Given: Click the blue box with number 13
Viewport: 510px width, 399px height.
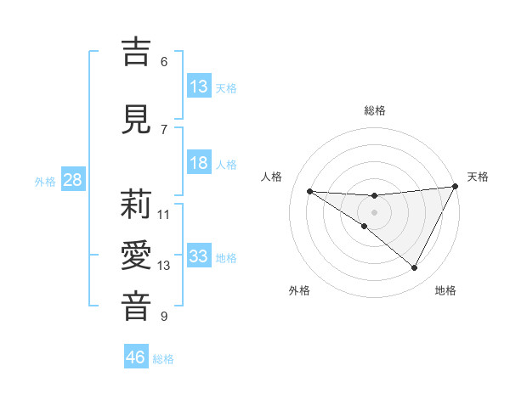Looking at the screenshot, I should (199, 87).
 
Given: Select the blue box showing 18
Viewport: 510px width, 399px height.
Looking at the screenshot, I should (199, 163).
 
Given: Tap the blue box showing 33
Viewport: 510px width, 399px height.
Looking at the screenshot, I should (199, 256).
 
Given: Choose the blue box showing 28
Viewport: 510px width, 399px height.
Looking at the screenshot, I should (71, 180).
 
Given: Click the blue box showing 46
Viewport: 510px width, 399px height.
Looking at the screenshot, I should (136, 357).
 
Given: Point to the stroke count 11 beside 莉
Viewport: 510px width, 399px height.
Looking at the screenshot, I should (164, 215).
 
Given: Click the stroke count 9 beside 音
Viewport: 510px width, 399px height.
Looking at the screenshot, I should (164, 317).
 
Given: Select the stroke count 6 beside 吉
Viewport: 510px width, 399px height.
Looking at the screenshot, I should (164, 61).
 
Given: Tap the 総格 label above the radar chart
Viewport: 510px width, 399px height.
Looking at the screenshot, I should (375, 110).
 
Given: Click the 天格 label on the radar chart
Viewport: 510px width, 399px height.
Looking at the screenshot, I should (478, 177).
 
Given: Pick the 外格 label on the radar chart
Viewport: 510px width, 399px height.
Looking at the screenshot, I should (299, 290).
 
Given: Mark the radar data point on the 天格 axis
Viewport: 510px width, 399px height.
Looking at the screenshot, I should (456, 186).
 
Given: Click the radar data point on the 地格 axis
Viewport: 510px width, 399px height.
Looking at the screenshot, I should (415, 268).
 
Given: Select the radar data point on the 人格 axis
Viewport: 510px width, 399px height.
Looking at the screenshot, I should (309, 191).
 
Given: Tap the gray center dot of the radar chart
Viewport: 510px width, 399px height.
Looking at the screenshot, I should (374, 212).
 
